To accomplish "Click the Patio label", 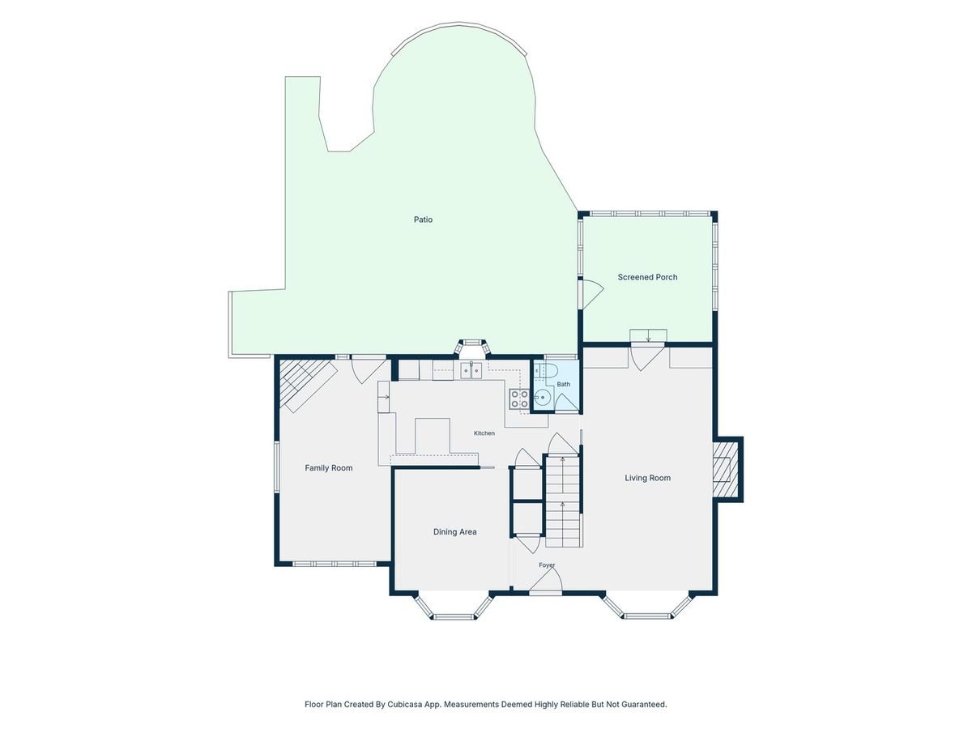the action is click(423, 220).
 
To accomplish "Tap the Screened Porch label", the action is click(647, 277).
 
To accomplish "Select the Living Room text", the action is click(647, 478).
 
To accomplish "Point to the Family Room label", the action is click(329, 468).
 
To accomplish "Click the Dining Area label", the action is click(454, 532).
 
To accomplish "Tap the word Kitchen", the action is click(484, 433).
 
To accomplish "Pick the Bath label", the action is click(563, 384).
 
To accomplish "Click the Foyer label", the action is click(547, 565).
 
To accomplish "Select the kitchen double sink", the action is click(471, 370).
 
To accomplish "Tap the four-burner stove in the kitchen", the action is click(519, 399).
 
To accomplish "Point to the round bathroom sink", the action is click(543, 398).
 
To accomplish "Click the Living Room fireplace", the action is click(727, 469).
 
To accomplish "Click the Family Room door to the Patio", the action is click(369, 371).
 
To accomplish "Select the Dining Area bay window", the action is click(454, 607).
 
